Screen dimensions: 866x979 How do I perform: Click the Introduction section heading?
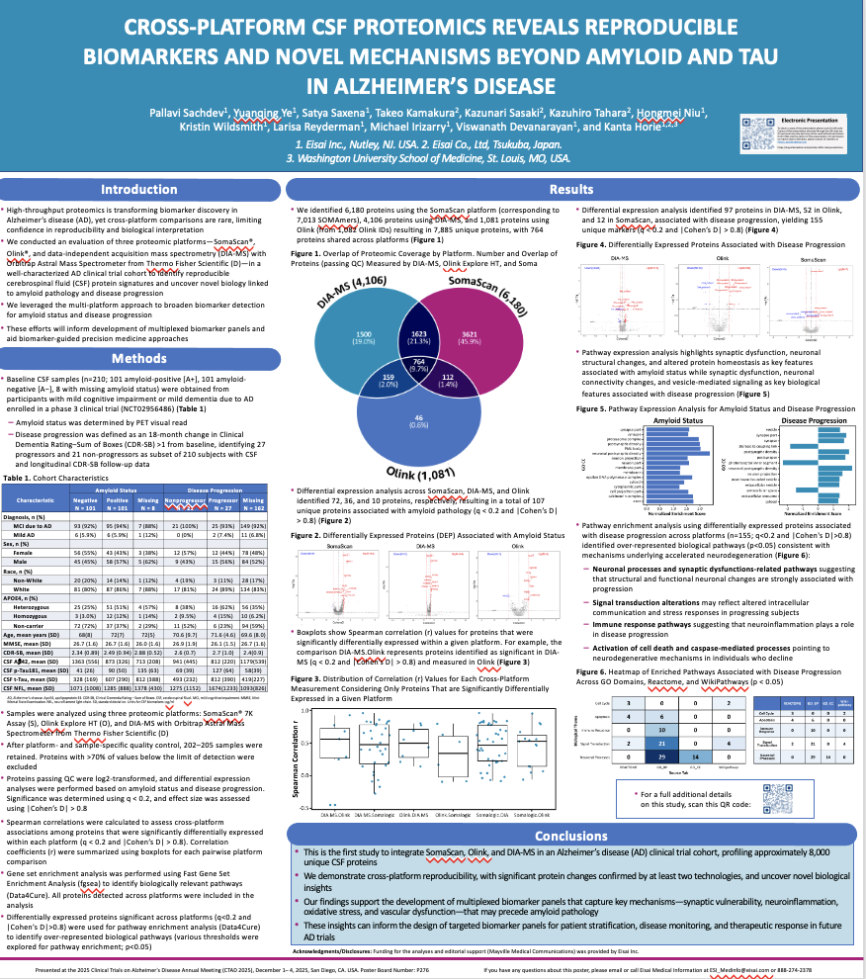pyautogui.click(x=139, y=189)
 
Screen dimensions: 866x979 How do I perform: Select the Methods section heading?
pyautogui.click(x=139, y=358)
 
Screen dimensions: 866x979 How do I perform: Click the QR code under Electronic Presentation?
pyautogui.click(x=760, y=130)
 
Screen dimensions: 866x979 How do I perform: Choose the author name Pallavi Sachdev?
pyautogui.click(x=184, y=111)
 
